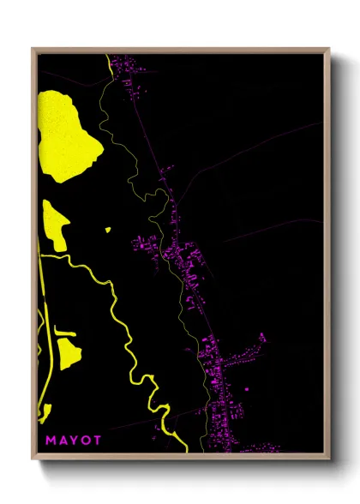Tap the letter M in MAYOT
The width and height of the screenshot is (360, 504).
[51, 441]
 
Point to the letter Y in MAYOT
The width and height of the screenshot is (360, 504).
[75, 441]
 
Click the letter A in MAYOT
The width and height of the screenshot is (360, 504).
[63, 441]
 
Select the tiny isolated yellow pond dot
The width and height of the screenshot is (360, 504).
[108, 229]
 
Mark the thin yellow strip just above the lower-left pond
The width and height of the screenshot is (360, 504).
[65, 331]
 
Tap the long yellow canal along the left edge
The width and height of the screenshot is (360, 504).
[45, 360]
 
